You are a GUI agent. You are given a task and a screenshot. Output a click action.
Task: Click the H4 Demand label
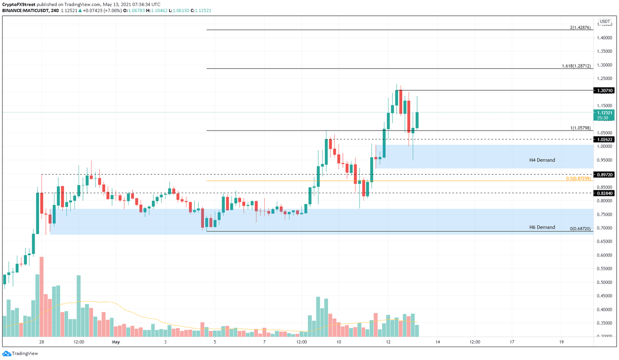pyautogui.click(x=542, y=160)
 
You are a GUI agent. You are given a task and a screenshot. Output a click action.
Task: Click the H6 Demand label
pyautogui.click(x=542, y=227)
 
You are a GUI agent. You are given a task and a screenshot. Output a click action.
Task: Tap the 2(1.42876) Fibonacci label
pyautogui.click(x=580, y=27)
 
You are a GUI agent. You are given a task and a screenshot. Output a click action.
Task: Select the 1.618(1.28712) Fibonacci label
pyautogui.click(x=576, y=66)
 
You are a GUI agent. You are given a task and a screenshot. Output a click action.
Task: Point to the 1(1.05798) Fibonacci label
pyautogui.click(x=580, y=128)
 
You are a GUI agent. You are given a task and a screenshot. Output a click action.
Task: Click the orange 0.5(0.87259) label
pyautogui.click(x=578, y=178)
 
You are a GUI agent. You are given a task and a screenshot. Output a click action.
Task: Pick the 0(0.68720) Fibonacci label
pyautogui.click(x=580, y=229)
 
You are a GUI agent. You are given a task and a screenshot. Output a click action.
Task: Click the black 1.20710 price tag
pyautogui.click(x=604, y=91)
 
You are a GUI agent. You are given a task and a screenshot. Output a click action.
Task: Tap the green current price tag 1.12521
pyautogui.click(x=604, y=113)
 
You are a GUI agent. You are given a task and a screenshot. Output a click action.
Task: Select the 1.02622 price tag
pyautogui.click(x=604, y=139)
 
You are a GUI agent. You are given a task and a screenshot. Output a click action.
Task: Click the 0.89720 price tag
pyautogui.click(x=604, y=175)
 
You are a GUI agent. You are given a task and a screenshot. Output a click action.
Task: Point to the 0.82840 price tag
pyautogui.click(x=604, y=193)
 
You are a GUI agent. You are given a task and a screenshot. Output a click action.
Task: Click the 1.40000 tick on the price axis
pyautogui.click(x=604, y=38)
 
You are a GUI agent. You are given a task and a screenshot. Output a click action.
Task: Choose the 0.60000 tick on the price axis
pyautogui.click(x=604, y=255)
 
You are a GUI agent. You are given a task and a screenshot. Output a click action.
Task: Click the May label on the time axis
pyautogui.click(x=116, y=342)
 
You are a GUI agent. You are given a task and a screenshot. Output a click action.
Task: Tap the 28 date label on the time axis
pyautogui.click(x=42, y=342)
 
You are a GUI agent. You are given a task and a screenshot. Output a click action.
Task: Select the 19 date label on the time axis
pyautogui.click(x=561, y=342)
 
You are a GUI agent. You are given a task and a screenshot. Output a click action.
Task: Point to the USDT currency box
pyautogui.click(x=604, y=21)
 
